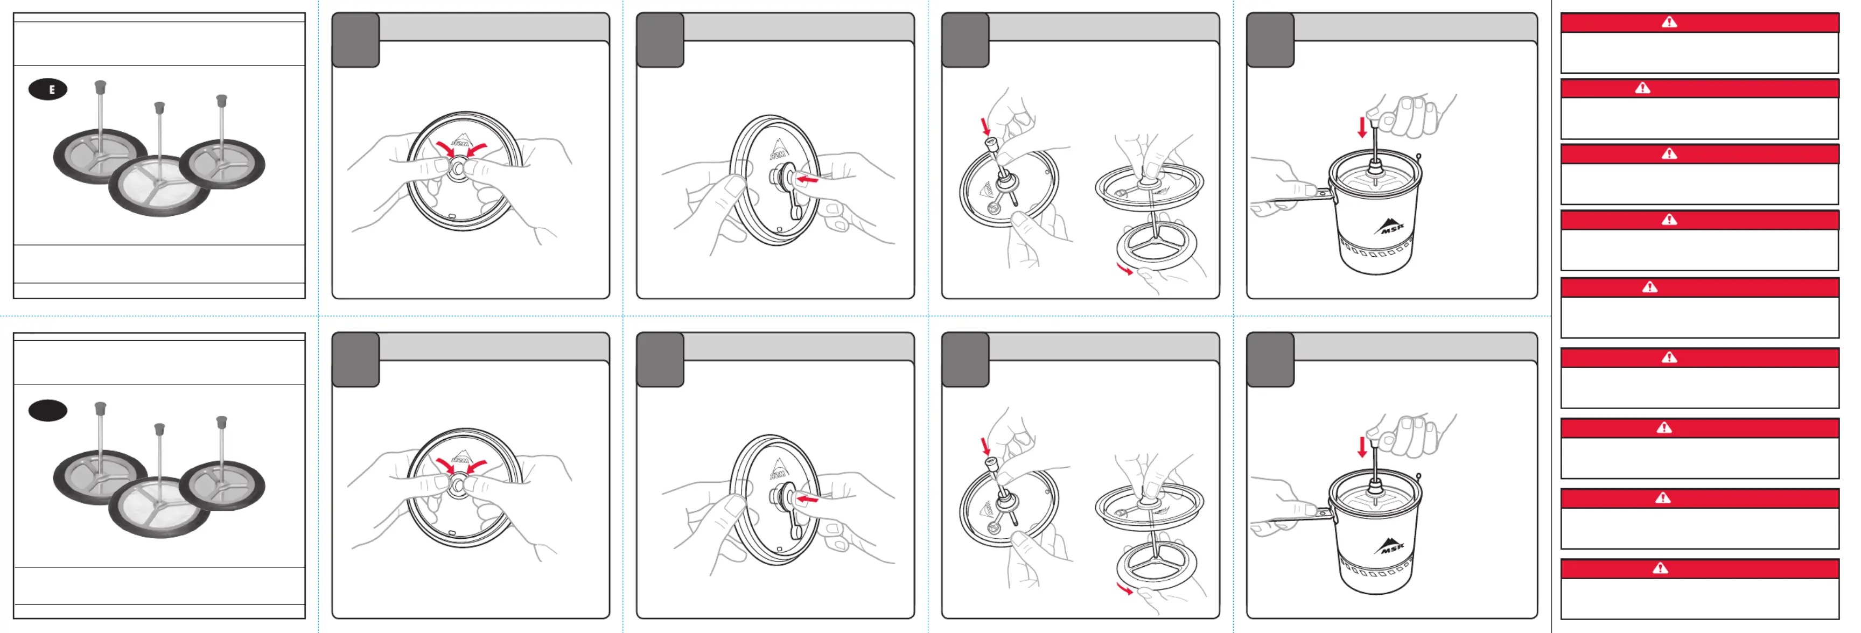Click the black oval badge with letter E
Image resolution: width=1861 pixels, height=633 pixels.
pyautogui.click(x=48, y=89)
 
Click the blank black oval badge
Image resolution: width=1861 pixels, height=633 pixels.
pyautogui.click(x=48, y=410)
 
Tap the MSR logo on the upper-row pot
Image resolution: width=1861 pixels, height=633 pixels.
pyautogui.click(x=1389, y=226)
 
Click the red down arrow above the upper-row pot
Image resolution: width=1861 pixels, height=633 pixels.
pyautogui.click(x=1362, y=128)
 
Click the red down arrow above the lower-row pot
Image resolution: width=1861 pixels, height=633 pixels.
pyautogui.click(x=1362, y=447)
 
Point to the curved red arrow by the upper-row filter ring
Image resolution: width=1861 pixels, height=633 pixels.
pyautogui.click(x=1125, y=269)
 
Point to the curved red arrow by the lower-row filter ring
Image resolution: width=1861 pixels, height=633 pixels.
pyautogui.click(x=1125, y=589)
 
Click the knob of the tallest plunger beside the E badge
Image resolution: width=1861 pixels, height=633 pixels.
pyautogui.click(x=100, y=87)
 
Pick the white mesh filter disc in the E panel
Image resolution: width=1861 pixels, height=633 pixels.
pyautogui.click(x=159, y=186)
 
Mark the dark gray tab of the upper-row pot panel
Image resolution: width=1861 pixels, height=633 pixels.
pyautogui.click(x=1270, y=40)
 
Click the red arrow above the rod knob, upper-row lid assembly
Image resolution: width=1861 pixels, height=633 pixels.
pyautogui.click(x=986, y=127)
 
